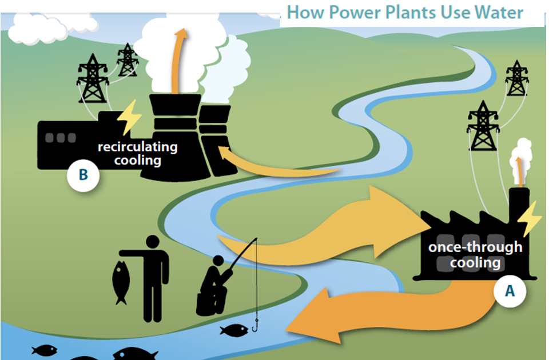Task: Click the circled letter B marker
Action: pyautogui.click(x=83, y=174)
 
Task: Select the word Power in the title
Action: pyautogui.click(x=353, y=13)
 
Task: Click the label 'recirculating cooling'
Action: pyautogui.click(x=137, y=153)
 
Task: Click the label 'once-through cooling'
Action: pyautogui.click(x=475, y=255)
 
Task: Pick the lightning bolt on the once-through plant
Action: pyautogui.click(x=532, y=217)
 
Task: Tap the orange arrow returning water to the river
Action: pyautogui.click(x=372, y=311)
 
